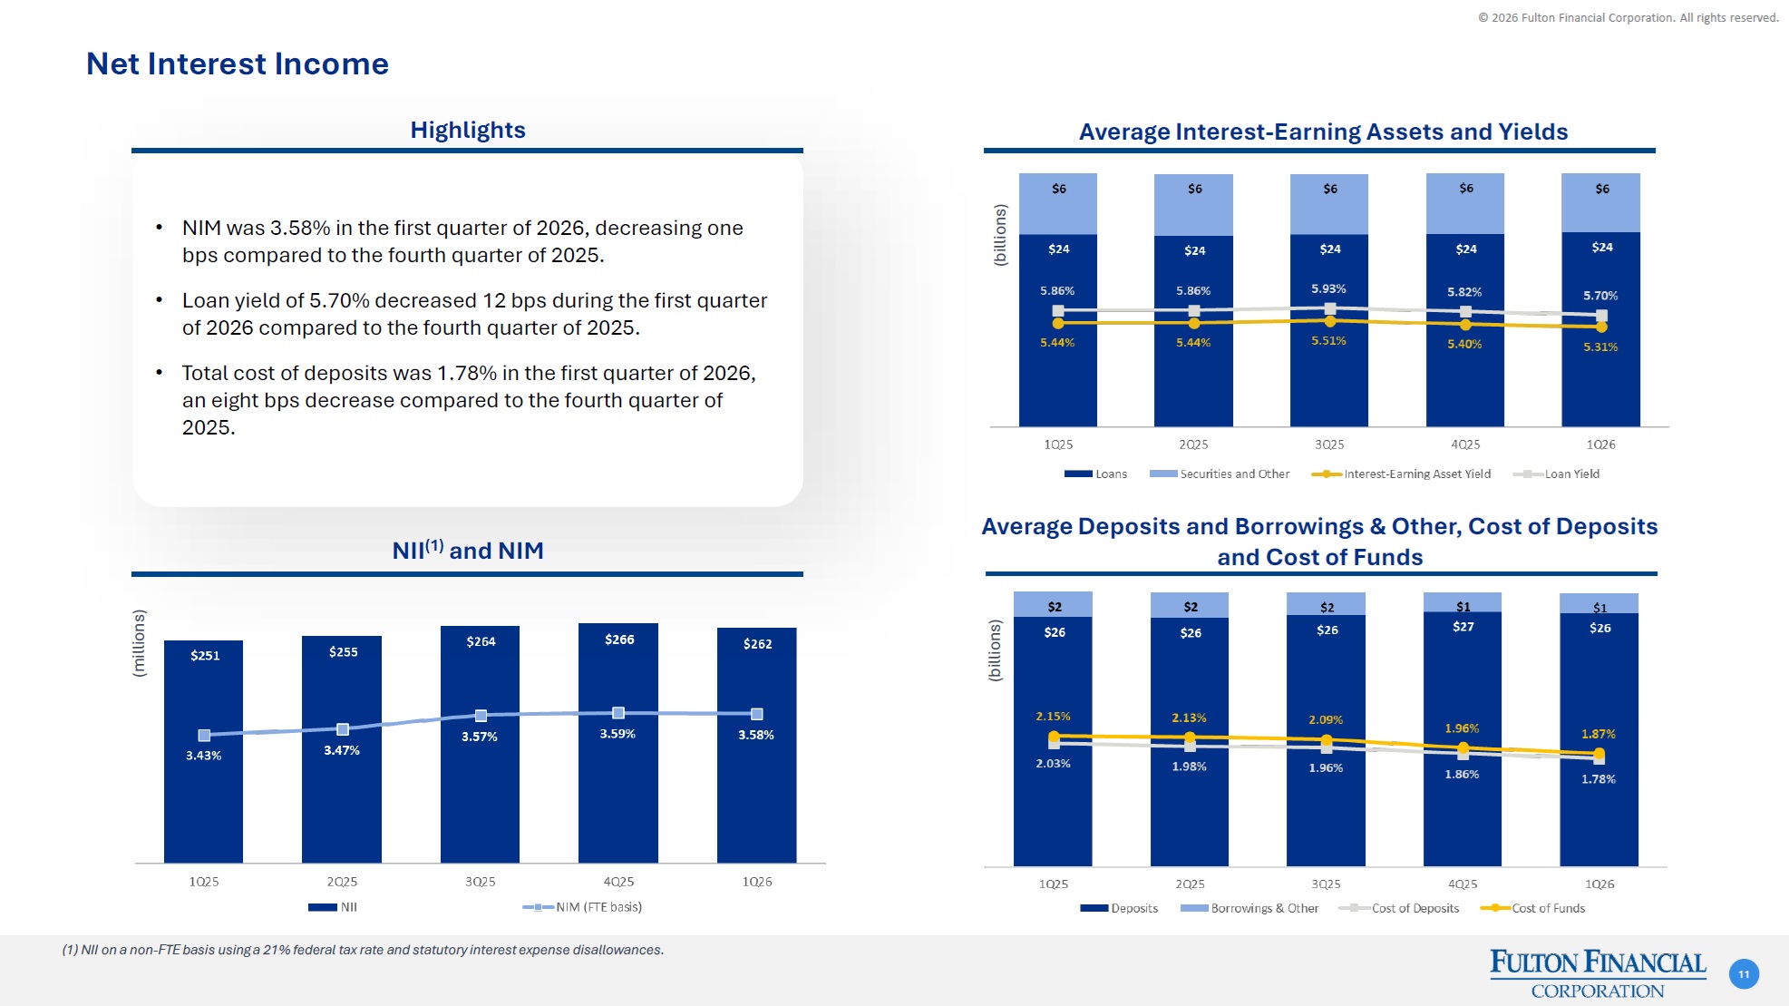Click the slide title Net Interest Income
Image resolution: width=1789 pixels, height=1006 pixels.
coord(237,64)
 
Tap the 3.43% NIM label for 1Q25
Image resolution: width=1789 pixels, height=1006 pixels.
coord(204,756)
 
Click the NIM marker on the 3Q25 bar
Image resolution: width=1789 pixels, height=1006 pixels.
coord(481,716)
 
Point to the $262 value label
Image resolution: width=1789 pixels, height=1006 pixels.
coord(757,644)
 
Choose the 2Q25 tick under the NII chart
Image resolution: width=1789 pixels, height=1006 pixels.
coord(342,882)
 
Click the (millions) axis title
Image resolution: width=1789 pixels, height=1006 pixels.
coord(139,643)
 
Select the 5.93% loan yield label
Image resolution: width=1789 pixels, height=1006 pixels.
coord(1328,289)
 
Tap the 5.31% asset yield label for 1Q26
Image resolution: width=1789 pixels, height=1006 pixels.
coord(1600,347)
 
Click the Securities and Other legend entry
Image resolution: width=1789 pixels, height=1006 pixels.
coord(1220,474)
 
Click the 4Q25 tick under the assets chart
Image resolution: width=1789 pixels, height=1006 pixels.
coord(1465,444)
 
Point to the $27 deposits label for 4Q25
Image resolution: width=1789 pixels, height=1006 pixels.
coord(1463,627)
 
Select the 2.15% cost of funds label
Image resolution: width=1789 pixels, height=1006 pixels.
coord(1053,717)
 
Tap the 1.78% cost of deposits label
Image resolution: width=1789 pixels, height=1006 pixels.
coord(1599,779)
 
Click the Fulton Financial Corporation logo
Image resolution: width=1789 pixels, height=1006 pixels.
coord(1598,973)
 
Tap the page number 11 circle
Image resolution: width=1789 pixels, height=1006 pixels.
coord(1744,974)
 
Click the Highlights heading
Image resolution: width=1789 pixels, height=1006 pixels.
coord(468,130)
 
